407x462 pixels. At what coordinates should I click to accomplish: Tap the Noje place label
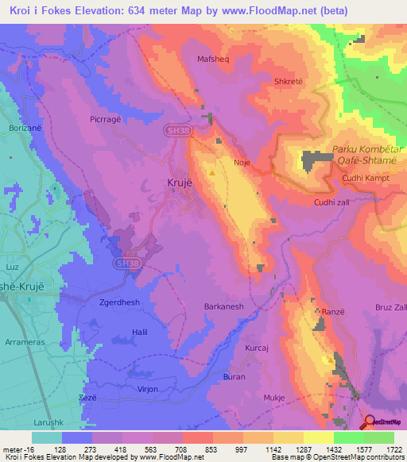click(242, 162)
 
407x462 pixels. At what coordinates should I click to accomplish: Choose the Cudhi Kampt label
click(363, 178)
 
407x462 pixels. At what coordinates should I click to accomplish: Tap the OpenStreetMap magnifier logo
click(370, 422)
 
